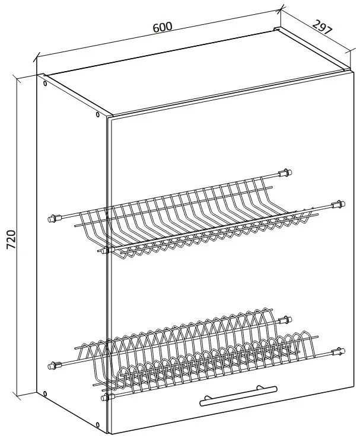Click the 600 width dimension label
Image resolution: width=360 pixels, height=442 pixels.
click(x=163, y=27)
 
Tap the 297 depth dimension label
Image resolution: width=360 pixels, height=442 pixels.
click(x=323, y=27)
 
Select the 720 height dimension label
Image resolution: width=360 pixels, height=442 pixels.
click(x=11, y=239)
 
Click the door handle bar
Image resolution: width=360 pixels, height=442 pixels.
click(x=238, y=395)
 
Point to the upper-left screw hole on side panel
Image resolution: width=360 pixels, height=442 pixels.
click(x=45, y=84)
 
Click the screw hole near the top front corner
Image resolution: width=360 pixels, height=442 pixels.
click(x=98, y=114)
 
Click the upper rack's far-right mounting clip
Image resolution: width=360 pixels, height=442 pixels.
click(x=338, y=204)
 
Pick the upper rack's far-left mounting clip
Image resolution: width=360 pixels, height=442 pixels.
click(x=55, y=218)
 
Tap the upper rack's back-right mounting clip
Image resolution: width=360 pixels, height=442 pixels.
click(x=285, y=172)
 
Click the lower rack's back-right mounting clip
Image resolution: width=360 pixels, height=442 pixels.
click(x=285, y=320)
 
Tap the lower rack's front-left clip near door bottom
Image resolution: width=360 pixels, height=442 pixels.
click(x=107, y=397)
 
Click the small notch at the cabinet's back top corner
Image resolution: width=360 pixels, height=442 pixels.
click(x=276, y=28)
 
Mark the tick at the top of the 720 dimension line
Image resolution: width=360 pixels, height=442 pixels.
click(x=17, y=79)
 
